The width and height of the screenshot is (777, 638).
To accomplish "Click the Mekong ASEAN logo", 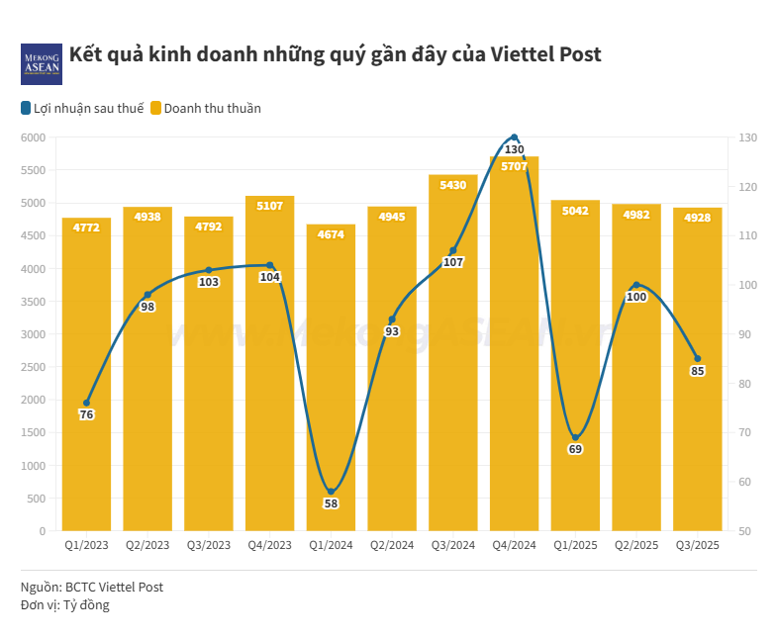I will coord(41,63).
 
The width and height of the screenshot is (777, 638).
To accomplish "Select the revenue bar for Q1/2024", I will coord(331,396).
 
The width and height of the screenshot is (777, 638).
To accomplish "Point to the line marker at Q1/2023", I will coord(86,403).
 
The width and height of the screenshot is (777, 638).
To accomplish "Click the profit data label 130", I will coord(514,150).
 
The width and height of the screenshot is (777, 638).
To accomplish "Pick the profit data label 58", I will coord(331,503).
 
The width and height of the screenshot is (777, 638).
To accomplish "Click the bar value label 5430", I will coord(452,186).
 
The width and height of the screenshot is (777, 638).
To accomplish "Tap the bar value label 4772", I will coord(86,228).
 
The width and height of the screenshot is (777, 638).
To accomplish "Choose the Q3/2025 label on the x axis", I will coord(697,545).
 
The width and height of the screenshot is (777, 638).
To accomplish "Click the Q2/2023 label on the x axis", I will coord(147,545).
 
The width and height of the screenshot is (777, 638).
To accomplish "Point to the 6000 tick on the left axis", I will coord(34,137).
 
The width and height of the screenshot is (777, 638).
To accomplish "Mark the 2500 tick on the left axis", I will coord(34,367).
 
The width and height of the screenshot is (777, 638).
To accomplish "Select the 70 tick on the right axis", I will coord(742,432).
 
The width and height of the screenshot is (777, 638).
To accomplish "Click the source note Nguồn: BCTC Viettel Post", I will coord(92,587).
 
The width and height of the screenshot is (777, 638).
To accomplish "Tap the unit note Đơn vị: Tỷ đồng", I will coord(65,604).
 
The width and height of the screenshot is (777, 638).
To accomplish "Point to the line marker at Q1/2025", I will coord(575,437).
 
